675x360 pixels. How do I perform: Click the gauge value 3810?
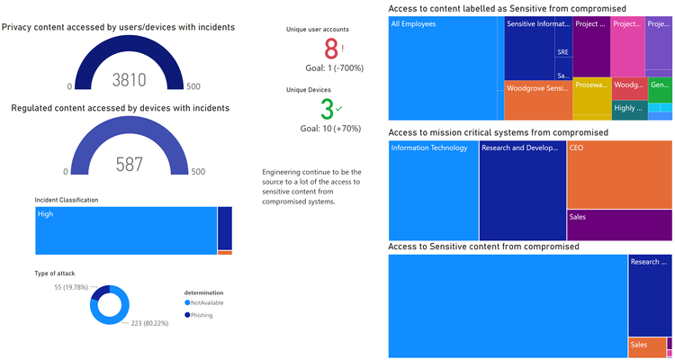pos(129,80)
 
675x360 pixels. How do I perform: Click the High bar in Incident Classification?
pos(126,230)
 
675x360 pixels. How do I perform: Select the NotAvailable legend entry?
pos(205,302)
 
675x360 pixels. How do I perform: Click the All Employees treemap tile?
pos(445,67)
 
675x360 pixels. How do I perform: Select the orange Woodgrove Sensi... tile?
pos(537,100)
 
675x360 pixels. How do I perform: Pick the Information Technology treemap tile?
pos(433,189)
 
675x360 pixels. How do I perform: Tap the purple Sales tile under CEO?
pos(618,225)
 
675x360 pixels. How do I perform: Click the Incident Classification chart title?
pos(67,199)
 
